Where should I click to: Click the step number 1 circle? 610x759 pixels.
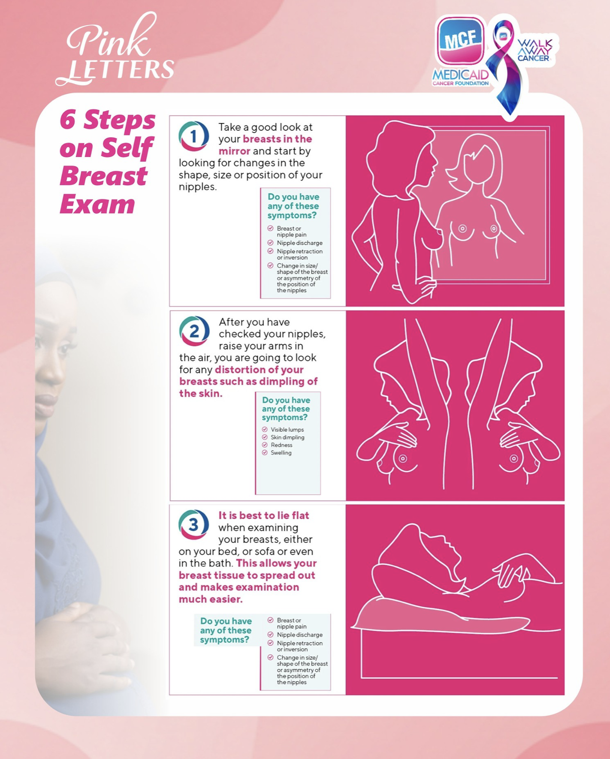193,136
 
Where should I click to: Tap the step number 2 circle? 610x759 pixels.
194,331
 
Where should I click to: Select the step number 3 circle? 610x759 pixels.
193,524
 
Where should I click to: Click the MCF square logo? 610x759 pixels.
460,41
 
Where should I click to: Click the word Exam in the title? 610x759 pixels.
97,204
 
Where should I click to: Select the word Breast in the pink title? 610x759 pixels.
103,176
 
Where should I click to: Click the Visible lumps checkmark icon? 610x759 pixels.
265,429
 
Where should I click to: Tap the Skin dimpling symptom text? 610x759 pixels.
287,437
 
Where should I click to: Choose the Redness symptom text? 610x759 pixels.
281,445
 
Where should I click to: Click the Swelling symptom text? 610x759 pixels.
281,453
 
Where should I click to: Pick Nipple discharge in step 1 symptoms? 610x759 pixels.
299,243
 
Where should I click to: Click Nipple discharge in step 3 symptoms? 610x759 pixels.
299,635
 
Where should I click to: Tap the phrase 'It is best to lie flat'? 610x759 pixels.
264,515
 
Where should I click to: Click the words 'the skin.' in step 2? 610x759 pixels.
201,394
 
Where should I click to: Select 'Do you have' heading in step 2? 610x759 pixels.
286,400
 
